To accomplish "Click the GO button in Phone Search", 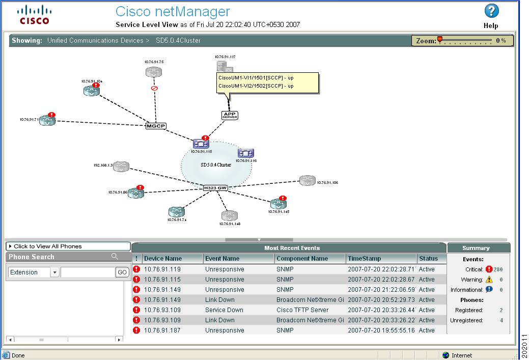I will pyautogui.click(x=122, y=272).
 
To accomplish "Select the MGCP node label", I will pyautogui.click(x=156, y=126).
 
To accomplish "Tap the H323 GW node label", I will pyautogui.click(x=215, y=188).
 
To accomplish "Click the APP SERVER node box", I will pyautogui.click(x=230, y=116).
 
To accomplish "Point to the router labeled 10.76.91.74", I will pyautogui.click(x=176, y=212).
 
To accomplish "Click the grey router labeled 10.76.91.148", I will pyautogui.click(x=230, y=216).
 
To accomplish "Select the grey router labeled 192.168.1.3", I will pyautogui.click(x=121, y=167).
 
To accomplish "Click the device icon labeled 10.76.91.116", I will pyautogui.click(x=246, y=153).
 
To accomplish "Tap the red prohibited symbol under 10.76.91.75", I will pyautogui.click(x=154, y=88).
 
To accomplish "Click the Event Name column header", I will pyautogui.click(x=222, y=259).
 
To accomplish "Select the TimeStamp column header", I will pyautogui.click(x=364, y=259).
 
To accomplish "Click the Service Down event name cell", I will pyautogui.click(x=224, y=310).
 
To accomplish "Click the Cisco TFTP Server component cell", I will pyautogui.click(x=302, y=310).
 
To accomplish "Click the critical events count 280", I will pyautogui.click(x=498, y=269).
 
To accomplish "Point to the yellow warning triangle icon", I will pyautogui.click(x=489, y=280).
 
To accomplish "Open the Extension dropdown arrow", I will pyautogui.click(x=54, y=272).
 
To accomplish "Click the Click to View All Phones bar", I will pyautogui.click(x=68, y=246).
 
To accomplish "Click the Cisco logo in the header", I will pyautogui.click(x=35, y=14).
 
